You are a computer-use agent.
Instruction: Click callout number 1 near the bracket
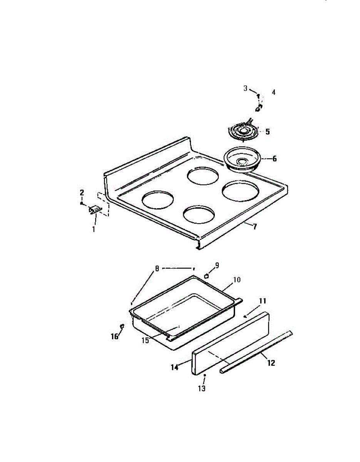(93, 229)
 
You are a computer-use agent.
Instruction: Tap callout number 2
(82, 192)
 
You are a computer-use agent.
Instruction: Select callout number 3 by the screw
(246, 88)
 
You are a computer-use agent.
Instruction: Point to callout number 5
(267, 132)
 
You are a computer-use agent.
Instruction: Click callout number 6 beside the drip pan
(274, 158)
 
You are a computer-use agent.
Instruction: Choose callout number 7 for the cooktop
(255, 227)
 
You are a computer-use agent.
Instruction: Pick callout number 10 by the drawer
(236, 280)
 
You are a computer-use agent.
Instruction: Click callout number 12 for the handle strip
(271, 363)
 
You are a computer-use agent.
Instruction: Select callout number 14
(175, 367)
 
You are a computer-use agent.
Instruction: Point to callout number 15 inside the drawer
(145, 340)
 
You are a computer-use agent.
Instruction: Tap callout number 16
(115, 336)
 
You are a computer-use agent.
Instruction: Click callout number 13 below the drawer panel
(202, 388)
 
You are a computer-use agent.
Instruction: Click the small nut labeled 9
(207, 276)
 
